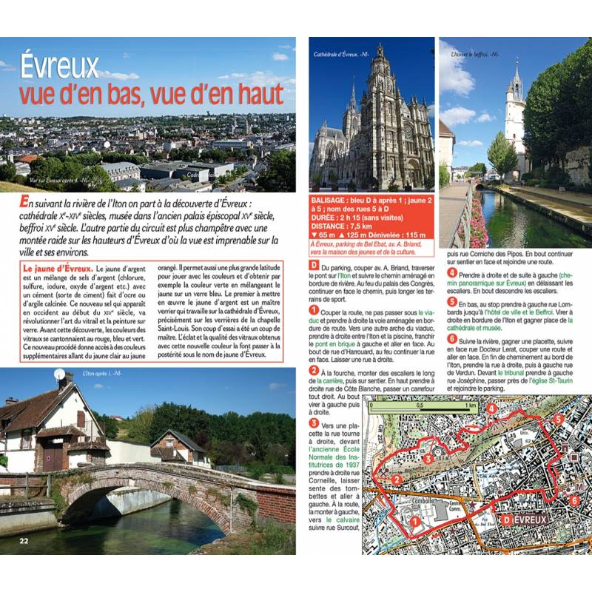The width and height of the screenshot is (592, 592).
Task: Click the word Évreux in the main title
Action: [59, 67]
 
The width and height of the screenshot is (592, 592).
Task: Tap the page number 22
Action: [25, 539]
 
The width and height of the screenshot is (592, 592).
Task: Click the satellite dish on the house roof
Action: [60, 374]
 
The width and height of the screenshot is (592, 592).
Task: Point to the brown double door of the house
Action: [53, 459]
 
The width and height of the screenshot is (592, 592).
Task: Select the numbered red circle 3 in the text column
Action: [314, 423]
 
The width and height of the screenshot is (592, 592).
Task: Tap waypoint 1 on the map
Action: [415, 521]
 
